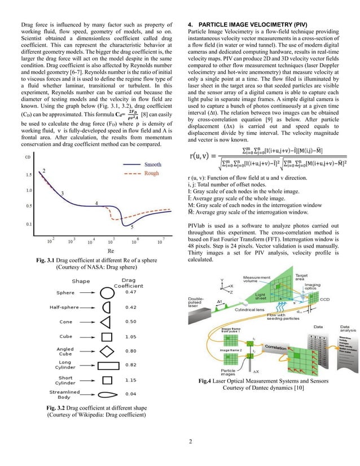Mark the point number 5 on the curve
click(132, 227)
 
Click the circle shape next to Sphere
click(107, 292)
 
